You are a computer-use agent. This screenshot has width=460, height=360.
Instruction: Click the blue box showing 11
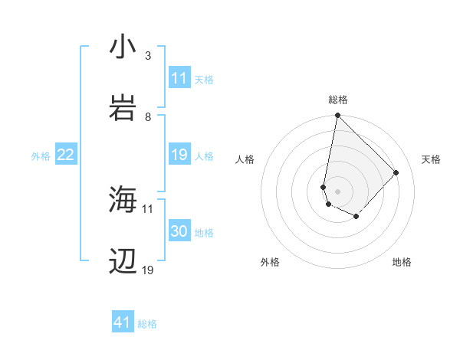tap(179, 78)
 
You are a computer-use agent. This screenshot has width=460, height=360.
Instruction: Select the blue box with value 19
tap(179, 155)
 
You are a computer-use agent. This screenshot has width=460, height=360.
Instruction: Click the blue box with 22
tap(66, 155)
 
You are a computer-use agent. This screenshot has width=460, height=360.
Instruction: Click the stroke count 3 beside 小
tap(148, 56)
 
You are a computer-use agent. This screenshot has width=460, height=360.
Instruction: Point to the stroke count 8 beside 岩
tap(148, 116)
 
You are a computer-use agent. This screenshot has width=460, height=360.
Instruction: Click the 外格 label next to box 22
tap(41, 156)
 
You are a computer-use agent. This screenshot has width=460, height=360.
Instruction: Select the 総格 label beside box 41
tap(147, 324)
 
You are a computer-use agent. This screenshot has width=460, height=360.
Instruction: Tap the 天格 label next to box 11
tap(204, 79)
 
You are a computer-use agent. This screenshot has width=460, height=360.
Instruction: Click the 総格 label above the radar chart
tap(338, 100)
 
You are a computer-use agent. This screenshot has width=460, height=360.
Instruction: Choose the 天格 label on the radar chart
tap(431, 159)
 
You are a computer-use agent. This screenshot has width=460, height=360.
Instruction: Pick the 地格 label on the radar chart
tap(402, 262)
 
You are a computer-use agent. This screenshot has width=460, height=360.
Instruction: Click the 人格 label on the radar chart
tap(245, 159)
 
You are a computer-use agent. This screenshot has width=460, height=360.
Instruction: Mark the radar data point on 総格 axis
tap(337, 116)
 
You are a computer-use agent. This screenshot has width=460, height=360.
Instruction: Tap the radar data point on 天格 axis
tap(396, 172)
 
